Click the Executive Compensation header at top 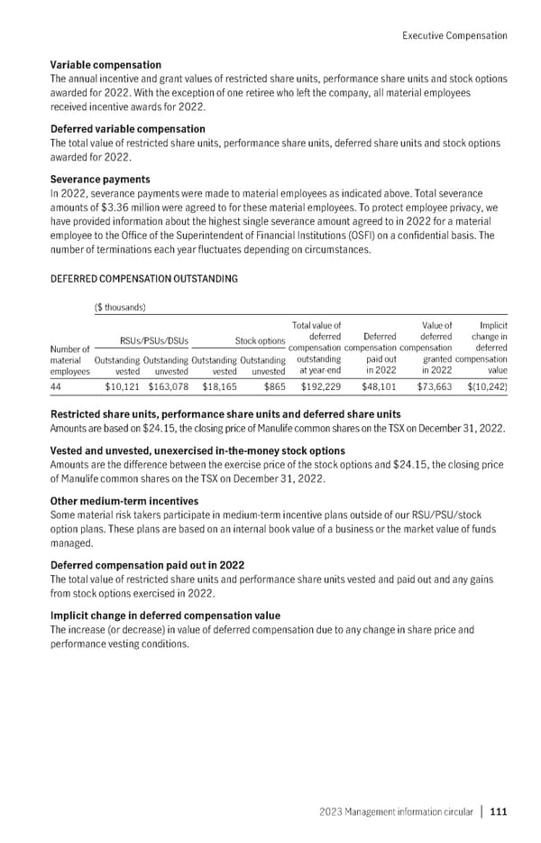[454, 35]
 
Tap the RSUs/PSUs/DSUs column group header [142, 341]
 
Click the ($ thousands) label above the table [123, 307]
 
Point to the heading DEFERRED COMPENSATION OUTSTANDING [144, 279]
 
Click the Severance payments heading [100, 181]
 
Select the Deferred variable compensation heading [128, 129]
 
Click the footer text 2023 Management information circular [397, 811]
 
